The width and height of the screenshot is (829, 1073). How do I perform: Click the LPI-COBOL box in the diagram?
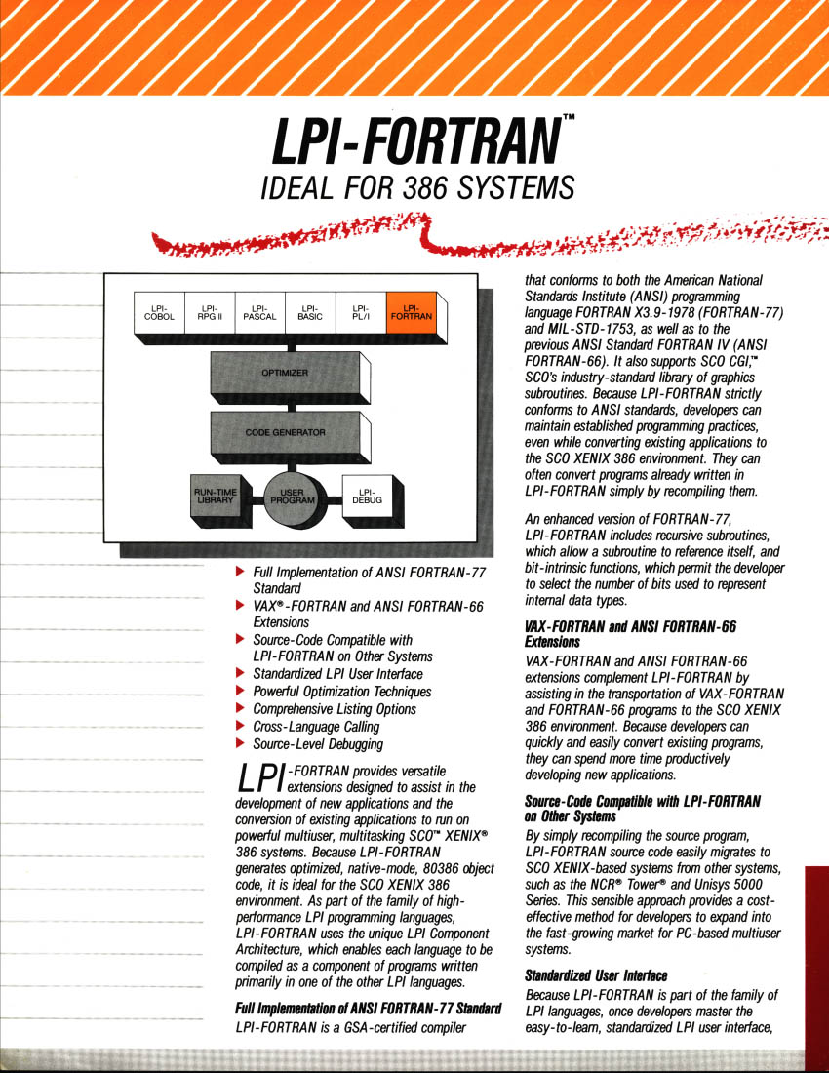159,313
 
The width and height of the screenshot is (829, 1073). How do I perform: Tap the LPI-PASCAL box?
260,313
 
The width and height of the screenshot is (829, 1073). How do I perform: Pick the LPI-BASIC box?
310,313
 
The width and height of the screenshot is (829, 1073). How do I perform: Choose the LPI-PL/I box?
361,313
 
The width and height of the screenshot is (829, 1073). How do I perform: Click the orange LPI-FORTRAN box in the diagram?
412,313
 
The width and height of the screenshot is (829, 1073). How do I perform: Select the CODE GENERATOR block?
286,432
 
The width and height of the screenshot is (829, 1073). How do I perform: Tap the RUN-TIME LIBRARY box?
213,496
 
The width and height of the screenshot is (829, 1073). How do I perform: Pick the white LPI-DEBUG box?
367,497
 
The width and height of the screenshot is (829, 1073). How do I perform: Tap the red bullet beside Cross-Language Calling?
240,726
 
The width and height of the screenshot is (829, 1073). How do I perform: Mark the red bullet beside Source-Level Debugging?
240,744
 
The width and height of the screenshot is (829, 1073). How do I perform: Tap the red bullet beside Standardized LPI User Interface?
240,673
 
